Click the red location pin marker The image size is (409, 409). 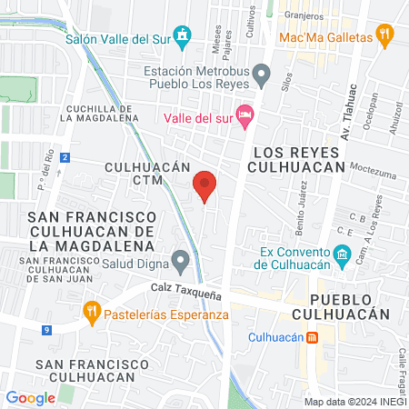click(205, 186)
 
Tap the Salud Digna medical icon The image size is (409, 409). click(182, 263)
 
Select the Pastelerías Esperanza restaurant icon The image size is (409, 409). click(91, 315)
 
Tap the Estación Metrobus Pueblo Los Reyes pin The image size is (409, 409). click(261, 72)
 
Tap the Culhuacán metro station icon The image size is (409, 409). click(312, 337)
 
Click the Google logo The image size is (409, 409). click(31, 397)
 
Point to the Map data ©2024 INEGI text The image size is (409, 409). click(354, 402)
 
